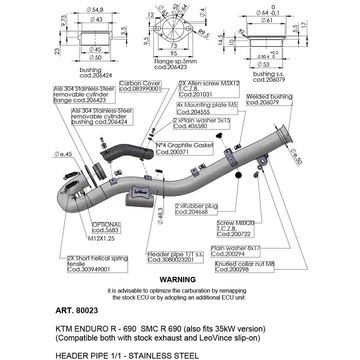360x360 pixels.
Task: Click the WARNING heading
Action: coord(179,280)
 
